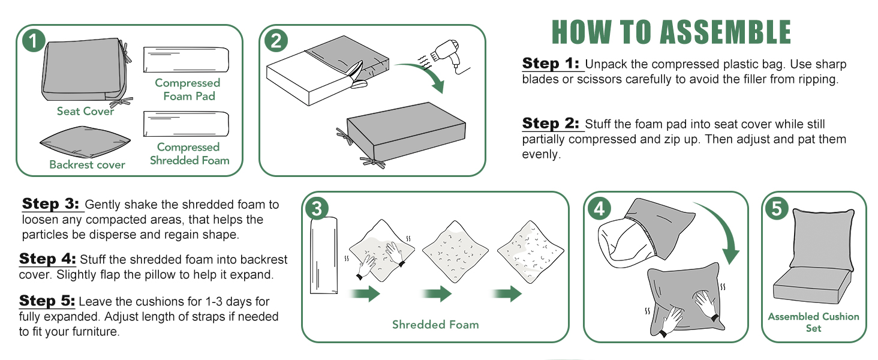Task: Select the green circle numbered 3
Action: tap(317, 208)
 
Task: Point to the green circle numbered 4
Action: tap(599, 208)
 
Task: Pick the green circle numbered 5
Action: tap(777, 208)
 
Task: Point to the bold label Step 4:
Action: tap(48, 259)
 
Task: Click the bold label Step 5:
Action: tap(47, 301)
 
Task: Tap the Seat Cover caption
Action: tap(85, 111)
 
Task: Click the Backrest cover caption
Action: tap(87, 164)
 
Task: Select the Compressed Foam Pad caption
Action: tap(188, 89)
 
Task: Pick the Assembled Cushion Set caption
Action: tap(813, 322)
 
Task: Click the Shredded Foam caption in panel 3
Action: tap(435, 325)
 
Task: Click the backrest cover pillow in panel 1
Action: tap(85, 142)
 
